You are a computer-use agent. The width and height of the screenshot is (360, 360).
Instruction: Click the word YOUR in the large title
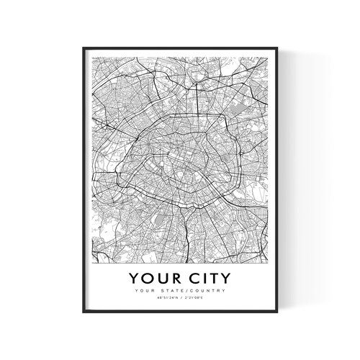coord(151,277)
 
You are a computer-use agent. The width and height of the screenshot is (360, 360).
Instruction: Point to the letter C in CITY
coord(183,277)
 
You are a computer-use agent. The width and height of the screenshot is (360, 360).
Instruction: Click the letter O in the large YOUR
coord(144,277)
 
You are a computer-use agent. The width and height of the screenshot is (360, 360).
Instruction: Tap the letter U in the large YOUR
coord(156,277)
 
